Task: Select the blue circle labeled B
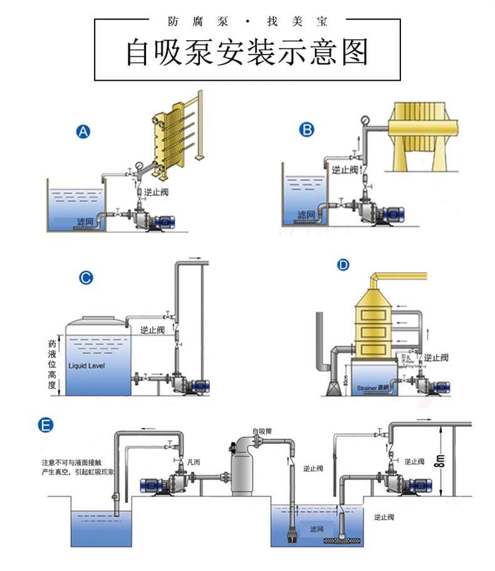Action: [x=306, y=130]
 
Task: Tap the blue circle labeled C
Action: [x=86, y=278]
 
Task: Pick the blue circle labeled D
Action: [x=343, y=265]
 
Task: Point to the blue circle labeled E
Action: [x=45, y=425]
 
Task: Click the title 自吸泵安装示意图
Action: [x=247, y=53]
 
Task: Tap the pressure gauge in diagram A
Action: [x=138, y=168]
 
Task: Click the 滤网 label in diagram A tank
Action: [x=85, y=222]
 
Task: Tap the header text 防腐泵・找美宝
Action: [x=247, y=21]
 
